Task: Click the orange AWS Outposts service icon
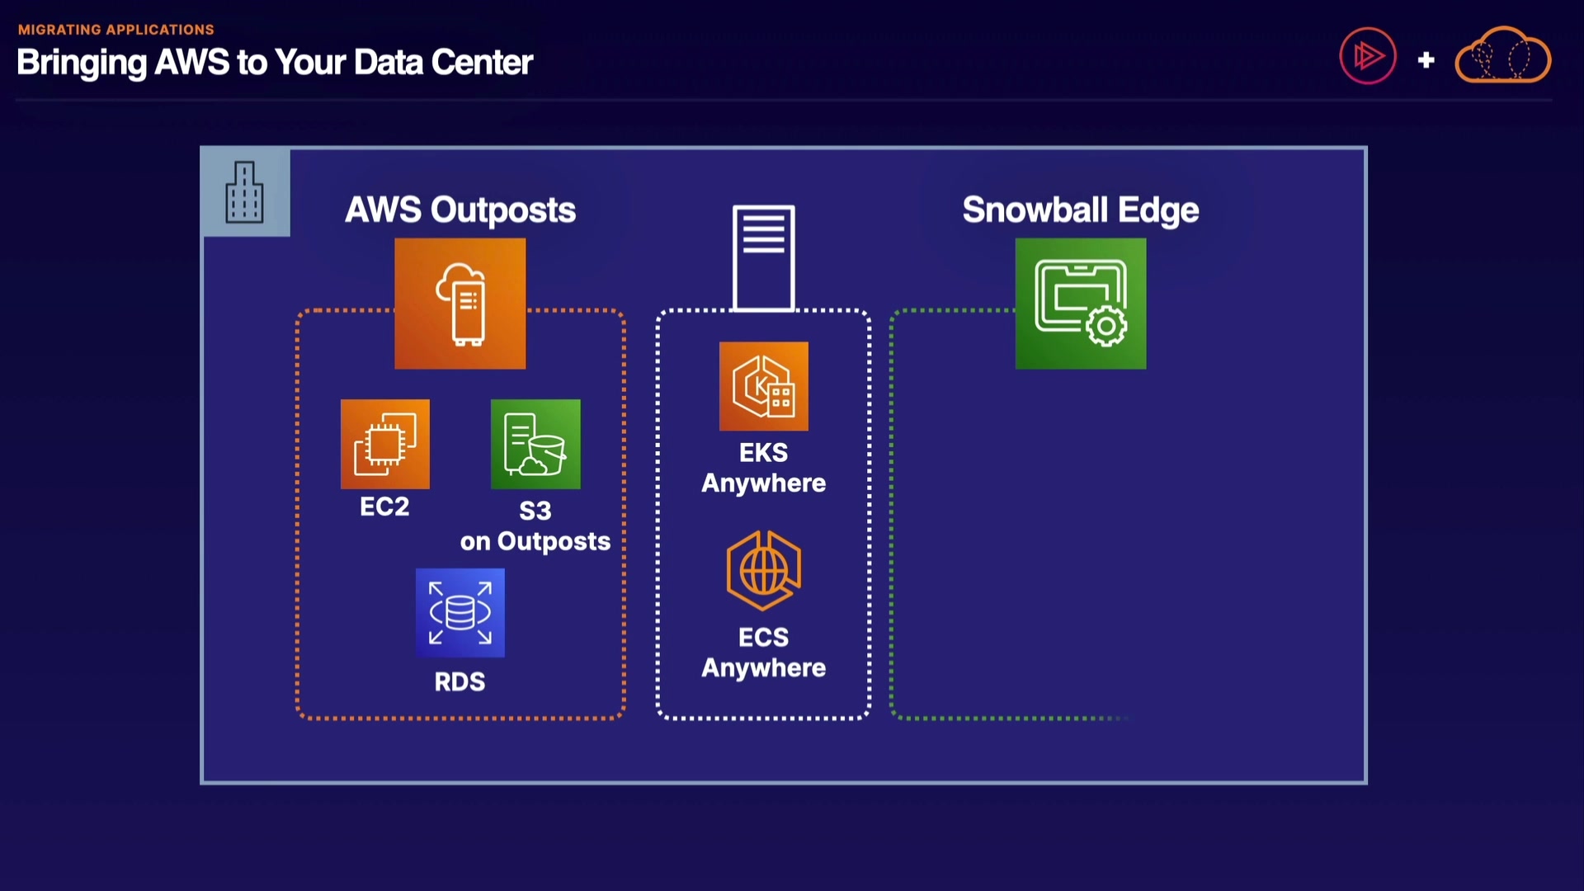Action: (x=460, y=304)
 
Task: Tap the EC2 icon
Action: (x=385, y=444)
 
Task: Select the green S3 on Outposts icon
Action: (x=535, y=444)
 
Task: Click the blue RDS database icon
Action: (x=460, y=613)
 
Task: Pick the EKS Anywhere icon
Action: (x=764, y=386)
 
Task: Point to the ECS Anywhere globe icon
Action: (x=764, y=571)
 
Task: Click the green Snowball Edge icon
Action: (x=1081, y=304)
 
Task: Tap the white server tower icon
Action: (x=764, y=258)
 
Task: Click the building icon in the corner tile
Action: (x=245, y=192)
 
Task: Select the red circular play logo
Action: (x=1368, y=56)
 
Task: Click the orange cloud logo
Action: (x=1503, y=55)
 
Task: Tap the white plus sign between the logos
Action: (x=1426, y=60)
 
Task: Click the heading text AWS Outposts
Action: (x=460, y=210)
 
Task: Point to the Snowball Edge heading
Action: (x=1081, y=210)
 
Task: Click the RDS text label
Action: (x=460, y=681)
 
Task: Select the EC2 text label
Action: (x=384, y=506)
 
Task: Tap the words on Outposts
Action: (x=535, y=541)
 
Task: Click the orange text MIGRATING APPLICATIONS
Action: (x=116, y=30)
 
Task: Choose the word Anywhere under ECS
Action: (x=764, y=668)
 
